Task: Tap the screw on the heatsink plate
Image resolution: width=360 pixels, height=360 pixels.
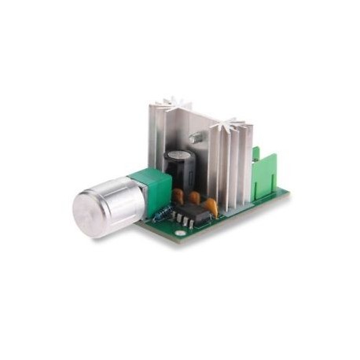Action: (197, 138)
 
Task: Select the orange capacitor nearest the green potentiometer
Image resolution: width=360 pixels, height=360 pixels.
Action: (178, 195)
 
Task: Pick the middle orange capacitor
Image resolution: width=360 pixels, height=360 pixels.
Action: (194, 197)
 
